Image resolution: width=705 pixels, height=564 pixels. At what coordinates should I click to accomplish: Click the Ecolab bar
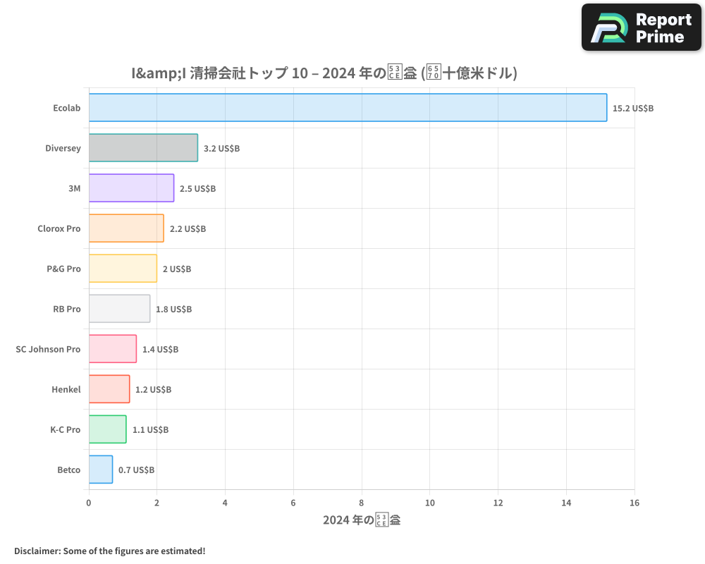[x=348, y=108]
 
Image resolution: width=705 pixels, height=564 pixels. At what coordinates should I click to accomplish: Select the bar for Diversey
[x=143, y=148]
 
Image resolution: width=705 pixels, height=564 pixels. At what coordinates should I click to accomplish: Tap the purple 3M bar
[x=131, y=188]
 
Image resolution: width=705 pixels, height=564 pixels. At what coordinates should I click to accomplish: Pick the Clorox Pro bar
[x=126, y=228]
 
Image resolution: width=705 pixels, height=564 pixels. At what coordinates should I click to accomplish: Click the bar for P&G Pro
[x=123, y=269]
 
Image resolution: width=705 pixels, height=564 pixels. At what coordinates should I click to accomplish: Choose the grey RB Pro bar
[x=119, y=309]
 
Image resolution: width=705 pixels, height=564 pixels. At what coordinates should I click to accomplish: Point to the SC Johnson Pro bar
[x=113, y=349]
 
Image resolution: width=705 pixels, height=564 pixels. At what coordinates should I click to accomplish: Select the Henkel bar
[x=109, y=389]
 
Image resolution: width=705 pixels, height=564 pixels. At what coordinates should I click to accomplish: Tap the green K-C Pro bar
[x=107, y=429]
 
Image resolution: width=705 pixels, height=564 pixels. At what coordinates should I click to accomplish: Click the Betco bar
[x=101, y=470]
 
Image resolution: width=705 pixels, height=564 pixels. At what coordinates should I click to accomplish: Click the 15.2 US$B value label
[x=633, y=109]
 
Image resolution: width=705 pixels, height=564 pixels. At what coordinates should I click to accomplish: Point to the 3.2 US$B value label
[x=221, y=149]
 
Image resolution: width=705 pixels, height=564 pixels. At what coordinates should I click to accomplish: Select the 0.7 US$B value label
[x=136, y=470]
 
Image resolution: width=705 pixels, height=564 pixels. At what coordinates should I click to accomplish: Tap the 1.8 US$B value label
[x=173, y=309]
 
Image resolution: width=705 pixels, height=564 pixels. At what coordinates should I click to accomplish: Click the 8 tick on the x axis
[x=362, y=503]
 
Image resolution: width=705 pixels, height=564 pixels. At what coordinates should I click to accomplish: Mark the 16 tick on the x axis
[x=634, y=503]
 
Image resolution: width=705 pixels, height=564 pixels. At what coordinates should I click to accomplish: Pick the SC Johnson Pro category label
[x=48, y=350]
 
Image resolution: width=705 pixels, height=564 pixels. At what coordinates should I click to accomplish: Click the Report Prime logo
[x=642, y=27]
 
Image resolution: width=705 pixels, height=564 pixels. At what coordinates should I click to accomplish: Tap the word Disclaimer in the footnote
[x=37, y=551]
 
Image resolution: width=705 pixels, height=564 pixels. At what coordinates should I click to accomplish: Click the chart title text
[x=324, y=73]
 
